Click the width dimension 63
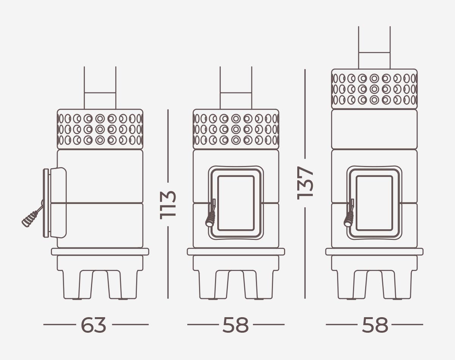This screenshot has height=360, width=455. [93, 325]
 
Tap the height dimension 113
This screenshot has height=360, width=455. [168, 205]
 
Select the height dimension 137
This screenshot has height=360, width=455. [305, 183]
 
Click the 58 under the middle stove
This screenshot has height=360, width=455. [235, 325]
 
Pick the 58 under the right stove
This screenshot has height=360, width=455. [375, 325]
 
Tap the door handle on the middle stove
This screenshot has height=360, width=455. [210, 213]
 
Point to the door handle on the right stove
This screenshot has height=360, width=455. [349, 213]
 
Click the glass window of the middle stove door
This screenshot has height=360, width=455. [236, 203]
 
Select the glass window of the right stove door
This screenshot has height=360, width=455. [375, 203]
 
